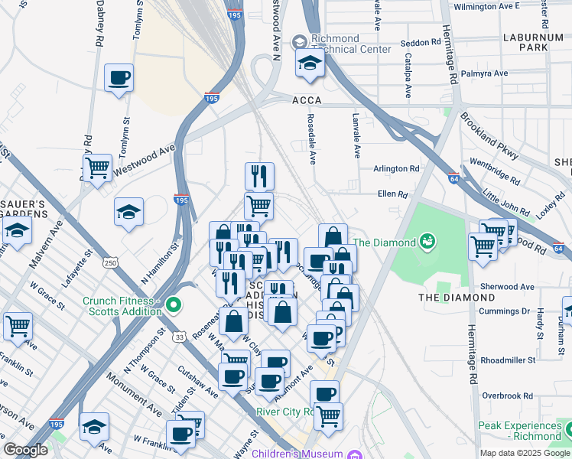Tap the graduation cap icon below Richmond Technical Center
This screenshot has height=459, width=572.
tap(310, 64)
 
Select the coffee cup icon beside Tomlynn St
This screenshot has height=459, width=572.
tap(119, 79)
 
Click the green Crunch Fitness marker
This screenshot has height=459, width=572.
tap(174, 306)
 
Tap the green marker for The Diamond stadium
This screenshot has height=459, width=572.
tap(427, 243)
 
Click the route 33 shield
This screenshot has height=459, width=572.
tap(179, 336)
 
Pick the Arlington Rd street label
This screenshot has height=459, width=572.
tap(396, 168)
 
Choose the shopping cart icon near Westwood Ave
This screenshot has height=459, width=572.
tap(97, 168)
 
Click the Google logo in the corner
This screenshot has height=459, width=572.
tap(25, 450)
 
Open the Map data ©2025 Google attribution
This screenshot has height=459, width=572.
tap(525, 453)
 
